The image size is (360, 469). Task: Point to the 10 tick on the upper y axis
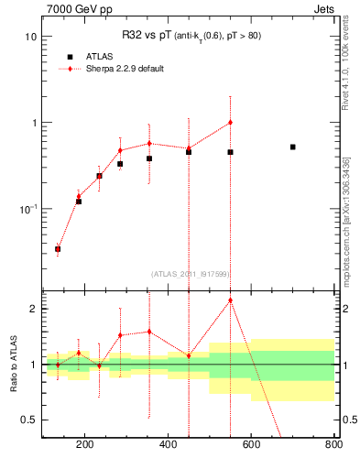[x=30, y=37]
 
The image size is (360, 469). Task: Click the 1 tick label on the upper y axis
[x=33, y=123]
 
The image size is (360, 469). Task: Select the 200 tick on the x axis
[x=84, y=447]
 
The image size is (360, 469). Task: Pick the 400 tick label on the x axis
[x=168, y=447]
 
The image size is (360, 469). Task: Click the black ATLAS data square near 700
[x=292, y=147]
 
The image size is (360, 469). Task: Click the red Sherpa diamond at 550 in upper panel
[x=230, y=122]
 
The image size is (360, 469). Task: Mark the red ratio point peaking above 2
[x=230, y=300]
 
